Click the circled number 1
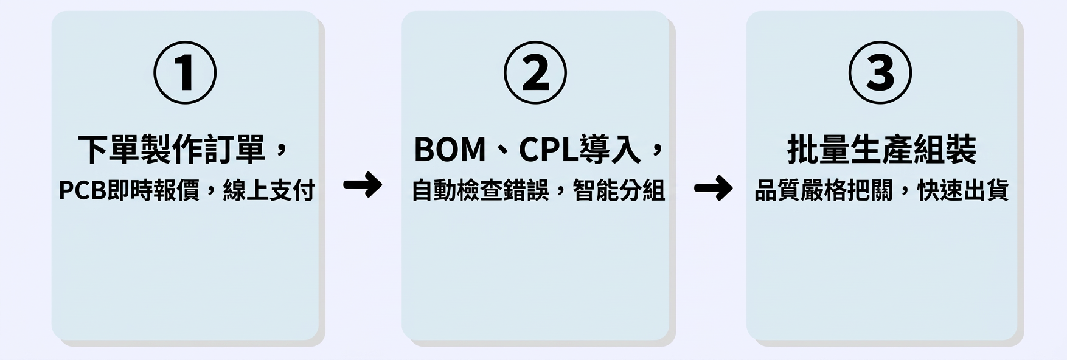185,72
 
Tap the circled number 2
535,72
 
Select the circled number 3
880,72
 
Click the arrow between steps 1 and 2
363,185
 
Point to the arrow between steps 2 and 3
714,188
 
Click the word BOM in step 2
450,150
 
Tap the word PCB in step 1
82,191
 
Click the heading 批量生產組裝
881,150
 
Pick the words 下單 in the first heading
109,150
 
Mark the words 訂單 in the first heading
235,150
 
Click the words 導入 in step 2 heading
610,150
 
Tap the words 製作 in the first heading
172,150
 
